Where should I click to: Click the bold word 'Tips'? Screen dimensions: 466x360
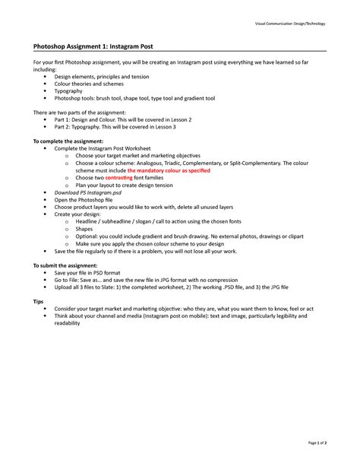pyautogui.click(x=37, y=301)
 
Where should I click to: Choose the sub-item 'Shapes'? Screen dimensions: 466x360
pyautogui.click(x=84, y=228)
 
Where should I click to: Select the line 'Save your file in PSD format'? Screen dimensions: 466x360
pyautogui.click(x=89, y=272)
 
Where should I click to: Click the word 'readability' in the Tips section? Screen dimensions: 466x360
pyautogui.click(x=67, y=323)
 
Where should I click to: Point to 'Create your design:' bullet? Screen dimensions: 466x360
pyautogui.click(x=79, y=214)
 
